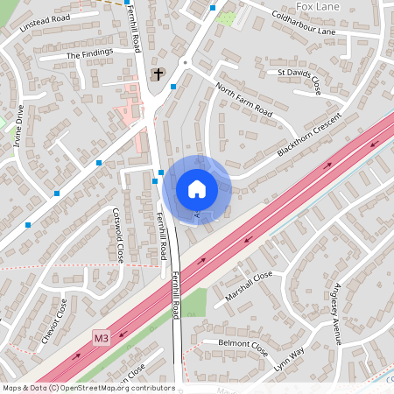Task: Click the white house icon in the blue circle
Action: [x=196, y=189]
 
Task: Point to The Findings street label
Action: [x=90, y=54]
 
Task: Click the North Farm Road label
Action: [x=244, y=99]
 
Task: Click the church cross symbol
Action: [x=158, y=74]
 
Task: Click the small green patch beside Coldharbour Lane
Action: [x=227, y=18]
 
